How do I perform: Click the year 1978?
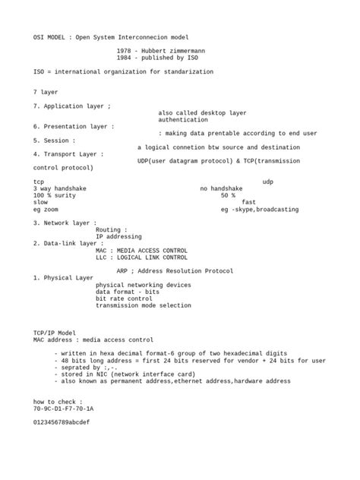[x=125, y=50]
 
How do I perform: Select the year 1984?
[x=125, y=58]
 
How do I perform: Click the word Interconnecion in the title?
[x=147, y=36]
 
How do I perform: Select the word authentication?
[x=183, y=119]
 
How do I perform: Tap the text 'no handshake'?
[x=221, y=188]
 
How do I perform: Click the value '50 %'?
[x=228, y=195]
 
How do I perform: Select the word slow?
[x=40, y=202]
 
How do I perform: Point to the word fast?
[x=248, y=202]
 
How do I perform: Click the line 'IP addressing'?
[x=118, y=236]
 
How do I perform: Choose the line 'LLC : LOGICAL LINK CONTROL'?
[x=141, y=257]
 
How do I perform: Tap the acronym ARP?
[x=122, y=270]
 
